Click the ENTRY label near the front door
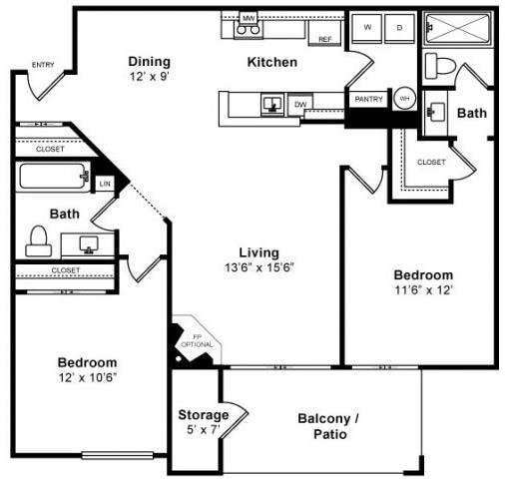(43, 65)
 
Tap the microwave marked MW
(249, 18)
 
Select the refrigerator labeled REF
(325, 38)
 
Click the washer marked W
(369, 28)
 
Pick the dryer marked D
(400, 28)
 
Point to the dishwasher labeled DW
(300, 103)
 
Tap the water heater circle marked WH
(404, 99)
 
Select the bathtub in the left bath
(54, 180)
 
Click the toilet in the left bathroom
(39, 239)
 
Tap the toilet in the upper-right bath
(440, 65)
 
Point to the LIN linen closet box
(105, 184)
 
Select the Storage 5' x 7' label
(204, 421)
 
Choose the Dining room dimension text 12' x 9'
(149, 76)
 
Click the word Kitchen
(272, 62)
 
